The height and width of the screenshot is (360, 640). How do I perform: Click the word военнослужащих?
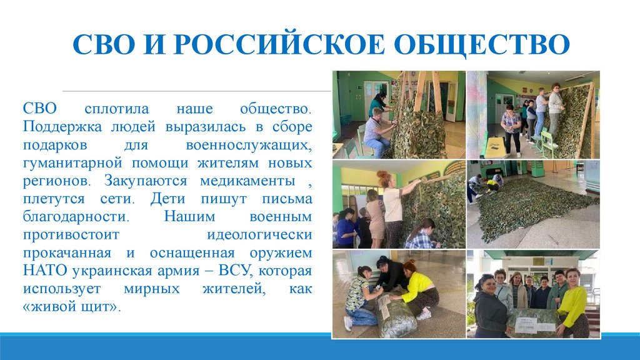click(x=249, y=145)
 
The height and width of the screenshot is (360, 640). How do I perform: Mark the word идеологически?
click(x=259, y=236)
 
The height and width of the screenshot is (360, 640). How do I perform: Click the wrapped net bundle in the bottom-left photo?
click(x=394, y=315)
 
